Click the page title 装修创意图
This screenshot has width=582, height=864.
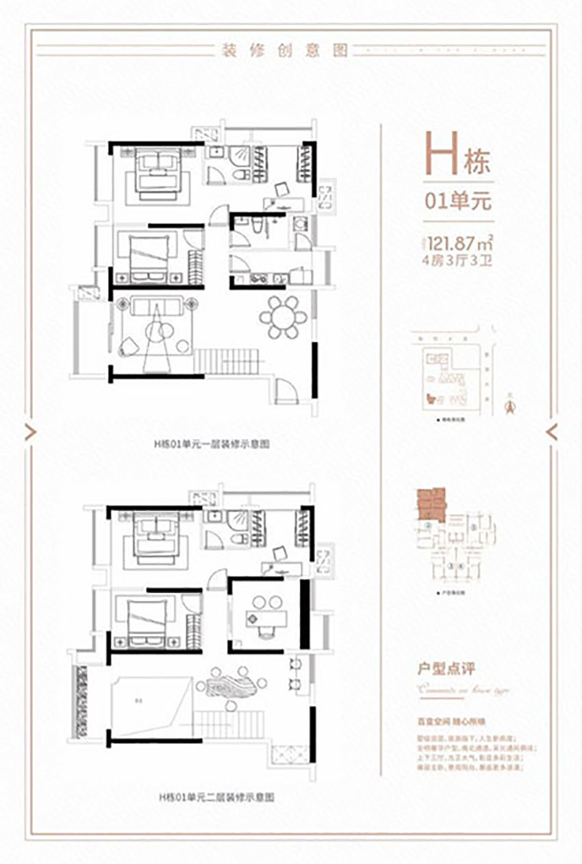point(281,50)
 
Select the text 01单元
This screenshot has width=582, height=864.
point(458,201)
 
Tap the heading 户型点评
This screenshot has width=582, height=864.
point(446,667)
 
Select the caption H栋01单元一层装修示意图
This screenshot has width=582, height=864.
point(211,444)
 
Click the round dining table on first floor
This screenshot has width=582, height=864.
point(283,317)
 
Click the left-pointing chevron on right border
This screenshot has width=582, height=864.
point(553,431)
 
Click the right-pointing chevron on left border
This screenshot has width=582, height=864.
point(29,431)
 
